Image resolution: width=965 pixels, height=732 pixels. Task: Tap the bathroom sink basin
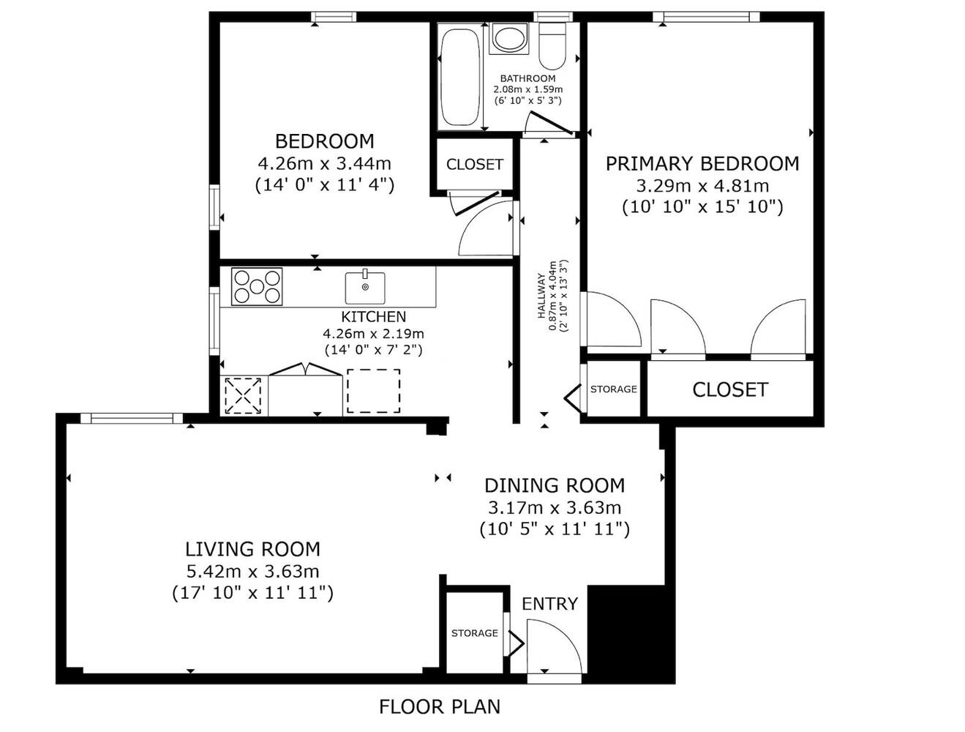[x=508, y=39]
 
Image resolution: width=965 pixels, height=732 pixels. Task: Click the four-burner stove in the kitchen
[x=257, y=286]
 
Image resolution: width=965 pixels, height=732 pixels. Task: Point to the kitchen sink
[x=365, y=288]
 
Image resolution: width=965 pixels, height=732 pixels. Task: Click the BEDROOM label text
[x=324, y=141]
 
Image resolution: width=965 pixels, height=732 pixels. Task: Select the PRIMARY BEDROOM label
[x=702, y=163]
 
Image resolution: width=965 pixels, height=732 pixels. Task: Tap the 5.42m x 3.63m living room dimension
[x=252, y=571]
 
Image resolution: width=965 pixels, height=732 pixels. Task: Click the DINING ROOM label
[x=555, y=485]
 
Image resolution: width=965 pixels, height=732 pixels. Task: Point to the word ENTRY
[x=549, y=604]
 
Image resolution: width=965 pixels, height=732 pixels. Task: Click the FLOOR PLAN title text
[x=440, y=706]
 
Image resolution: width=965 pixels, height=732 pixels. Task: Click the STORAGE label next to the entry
[x=474, y=633]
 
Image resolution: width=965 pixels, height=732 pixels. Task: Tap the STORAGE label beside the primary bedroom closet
[x=613, y=389]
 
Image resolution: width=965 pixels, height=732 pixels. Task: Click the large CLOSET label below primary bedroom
[x=729, y=389]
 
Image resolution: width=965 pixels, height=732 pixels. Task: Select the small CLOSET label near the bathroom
[x=474, y=165]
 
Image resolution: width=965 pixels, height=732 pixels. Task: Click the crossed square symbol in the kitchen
[x=244, y=395]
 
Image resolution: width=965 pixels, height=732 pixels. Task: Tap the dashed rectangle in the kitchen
[x=373, y=391]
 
